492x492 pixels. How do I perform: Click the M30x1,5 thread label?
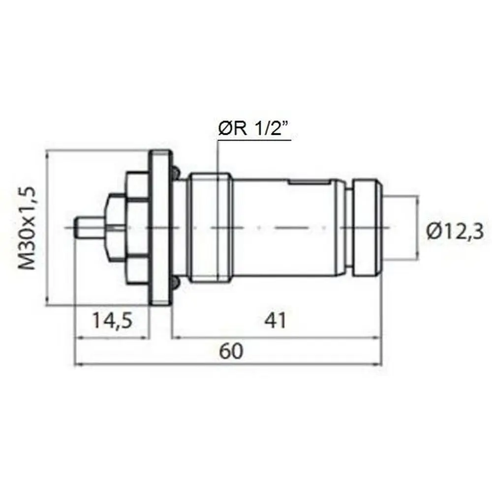point(27,228)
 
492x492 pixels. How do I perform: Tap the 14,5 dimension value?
point(112,320)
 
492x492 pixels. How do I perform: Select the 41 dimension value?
point(275,320)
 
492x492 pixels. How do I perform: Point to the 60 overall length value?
point(231,351)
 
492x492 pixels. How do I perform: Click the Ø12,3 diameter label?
point(455,233)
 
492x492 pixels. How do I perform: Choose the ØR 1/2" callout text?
point(253,128)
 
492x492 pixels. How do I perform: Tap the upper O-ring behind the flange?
point(176,172)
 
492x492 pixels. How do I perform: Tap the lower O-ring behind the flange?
point(176,283)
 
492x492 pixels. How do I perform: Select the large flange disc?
point(161,228)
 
